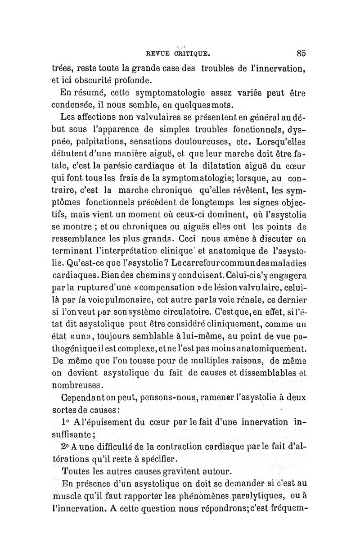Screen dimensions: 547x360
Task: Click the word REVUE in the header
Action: coord(157,53)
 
